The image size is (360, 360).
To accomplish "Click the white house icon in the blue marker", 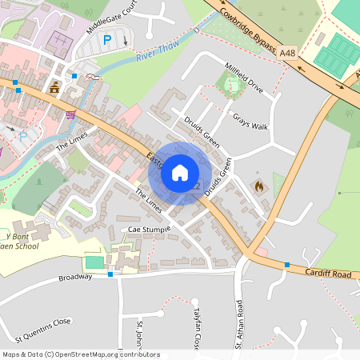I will coord(180,172).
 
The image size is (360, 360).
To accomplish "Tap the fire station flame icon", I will coord(258,186).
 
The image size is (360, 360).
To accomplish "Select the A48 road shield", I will coord(288,52).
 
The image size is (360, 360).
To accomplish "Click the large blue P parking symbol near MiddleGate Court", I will coord(107,39).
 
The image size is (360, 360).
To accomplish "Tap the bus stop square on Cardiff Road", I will coord(286,265).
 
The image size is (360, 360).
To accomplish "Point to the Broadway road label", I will coord(76,278).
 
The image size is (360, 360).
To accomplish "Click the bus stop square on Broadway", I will coord(110,274).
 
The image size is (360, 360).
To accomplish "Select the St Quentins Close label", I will coord(38,322).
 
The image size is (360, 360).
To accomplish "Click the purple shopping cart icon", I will coord(70,114).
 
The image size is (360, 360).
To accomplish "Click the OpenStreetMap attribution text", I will coord(81,354).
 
